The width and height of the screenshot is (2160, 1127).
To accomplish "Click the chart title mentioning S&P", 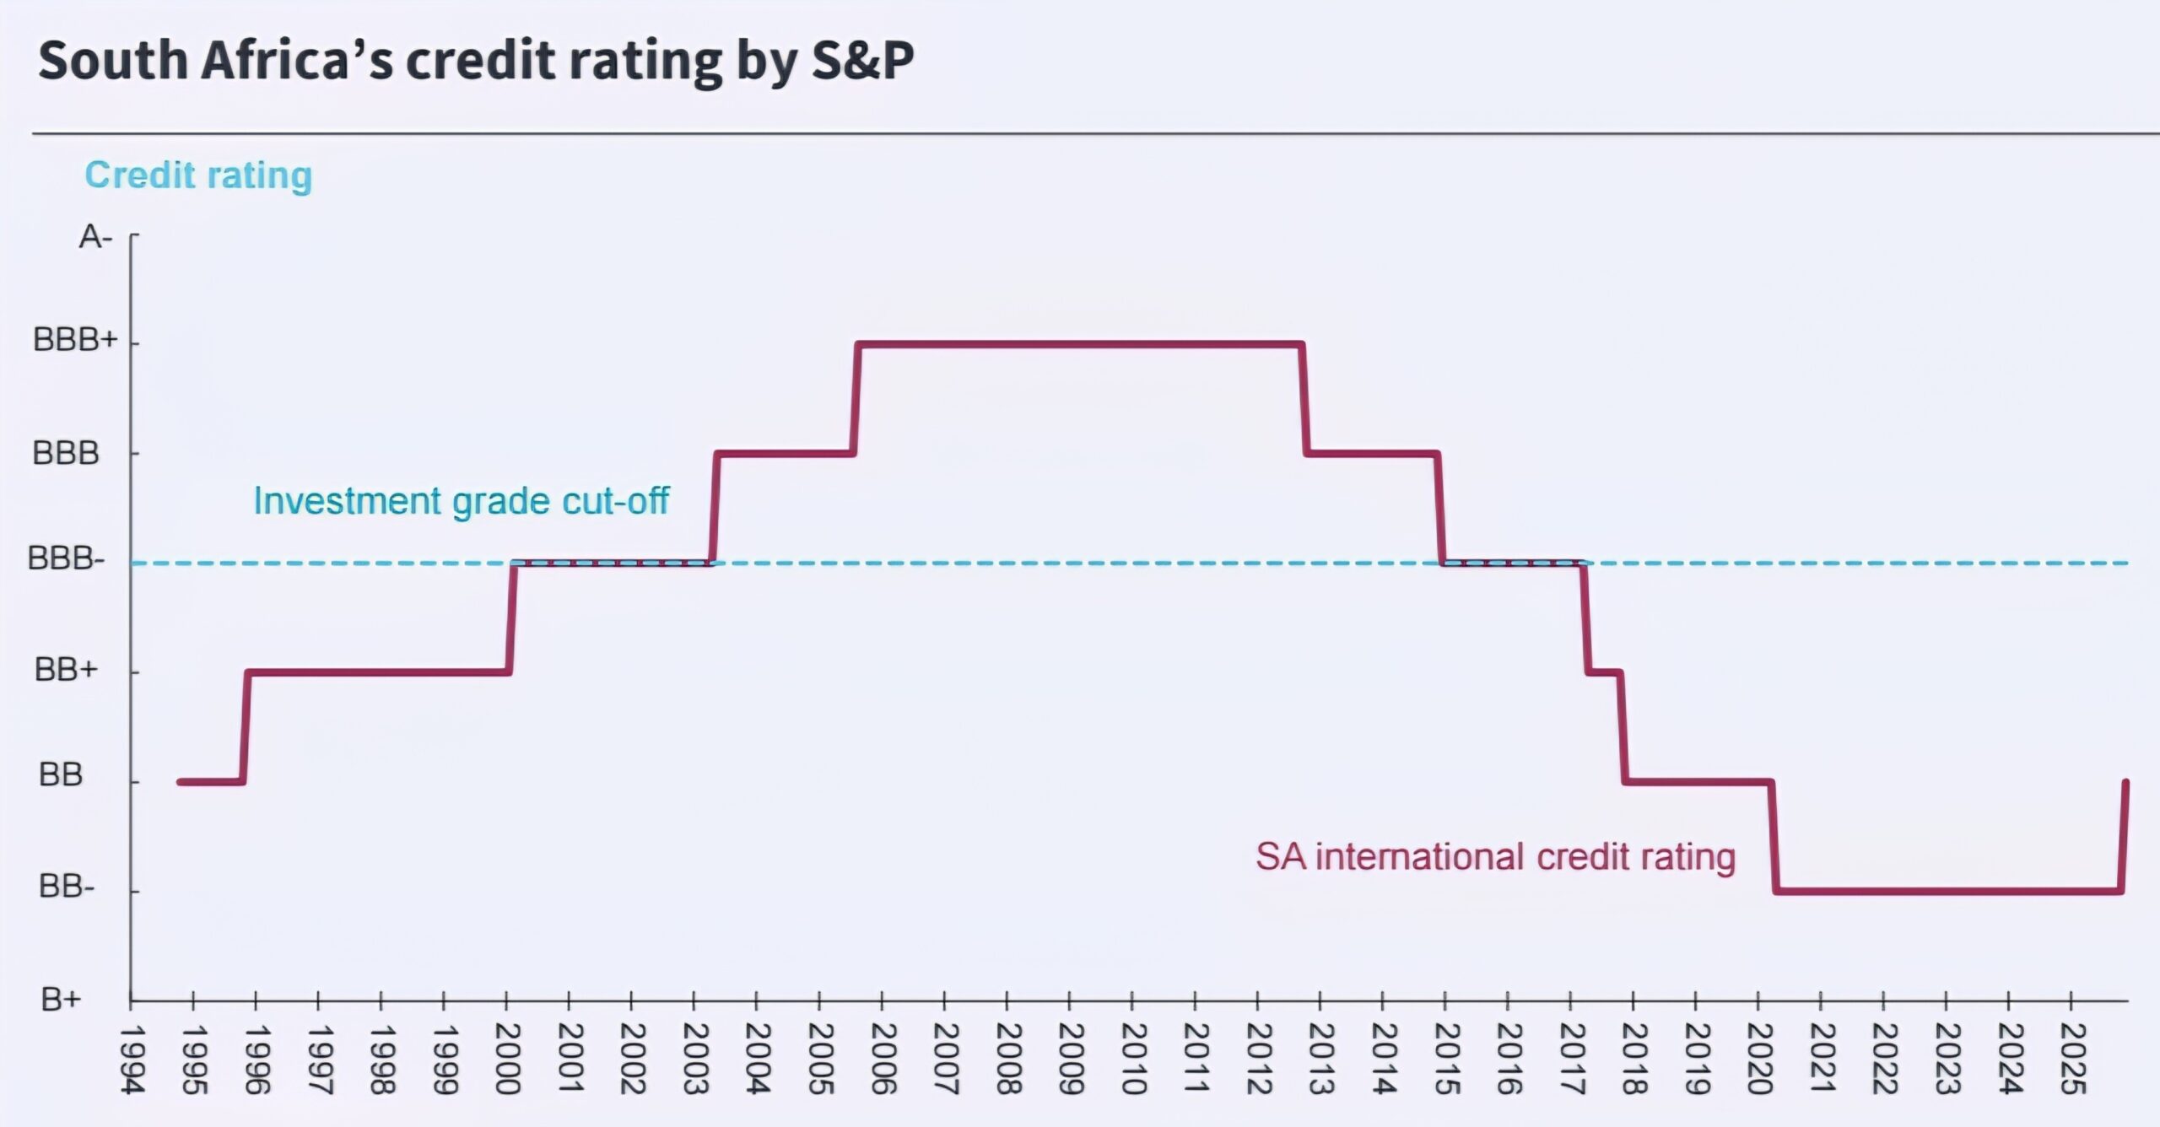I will [476, 61].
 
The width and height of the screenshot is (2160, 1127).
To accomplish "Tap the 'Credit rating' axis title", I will [198, 175].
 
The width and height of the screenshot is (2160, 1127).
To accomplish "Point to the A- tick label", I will [95, 238].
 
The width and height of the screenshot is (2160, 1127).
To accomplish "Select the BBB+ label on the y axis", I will [74, 341].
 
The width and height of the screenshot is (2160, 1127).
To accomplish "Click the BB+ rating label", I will [66, 670].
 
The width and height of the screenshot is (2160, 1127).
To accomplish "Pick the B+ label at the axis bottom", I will [61, 1000].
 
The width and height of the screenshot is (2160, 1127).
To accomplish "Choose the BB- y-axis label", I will [67, 887].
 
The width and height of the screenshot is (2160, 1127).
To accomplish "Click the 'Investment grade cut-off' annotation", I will [461, 501].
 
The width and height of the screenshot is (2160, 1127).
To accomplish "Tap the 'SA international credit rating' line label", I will [1495, 857].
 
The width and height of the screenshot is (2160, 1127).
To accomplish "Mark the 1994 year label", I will [132, 1060].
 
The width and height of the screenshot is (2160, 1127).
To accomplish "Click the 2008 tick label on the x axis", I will [1007, 1060].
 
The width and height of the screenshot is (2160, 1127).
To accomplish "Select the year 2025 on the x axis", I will [2072, 1060].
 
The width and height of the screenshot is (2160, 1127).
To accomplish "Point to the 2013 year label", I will [1320, 1060].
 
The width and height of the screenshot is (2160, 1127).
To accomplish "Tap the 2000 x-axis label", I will [507, 1060].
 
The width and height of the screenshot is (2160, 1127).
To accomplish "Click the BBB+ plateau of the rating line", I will [1080, 344].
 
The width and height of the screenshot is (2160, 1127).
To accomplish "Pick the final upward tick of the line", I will [2125, 835].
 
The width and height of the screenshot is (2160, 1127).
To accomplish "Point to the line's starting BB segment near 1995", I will [211, 782].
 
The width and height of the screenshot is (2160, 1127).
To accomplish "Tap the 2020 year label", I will [1758, 1060].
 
